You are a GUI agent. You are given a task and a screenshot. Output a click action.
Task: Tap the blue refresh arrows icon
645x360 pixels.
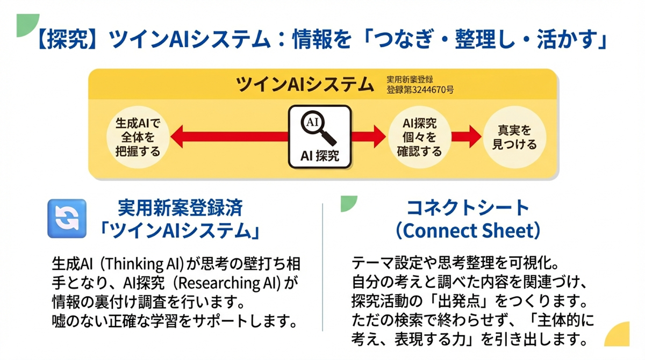tap(67, 219)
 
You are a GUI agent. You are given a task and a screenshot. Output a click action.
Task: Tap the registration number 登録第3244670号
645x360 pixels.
tap(419, 90)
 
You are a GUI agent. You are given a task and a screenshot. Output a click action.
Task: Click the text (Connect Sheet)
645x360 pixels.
tap(467, 231)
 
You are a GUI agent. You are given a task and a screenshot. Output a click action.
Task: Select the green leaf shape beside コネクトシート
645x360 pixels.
tap(349, 203)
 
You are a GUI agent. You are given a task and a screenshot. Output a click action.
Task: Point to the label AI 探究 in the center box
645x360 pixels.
tap(320, 157)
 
